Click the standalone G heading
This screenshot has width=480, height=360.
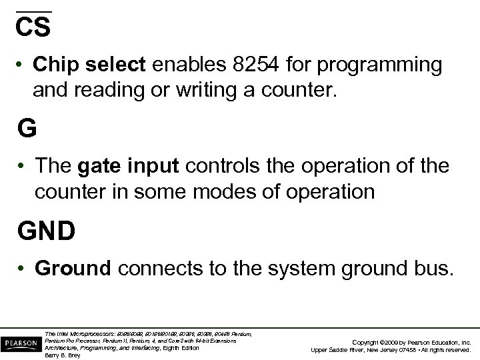click(28, 128)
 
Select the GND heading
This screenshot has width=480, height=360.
click(46, 231)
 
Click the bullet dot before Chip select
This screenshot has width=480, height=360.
click(22, 65)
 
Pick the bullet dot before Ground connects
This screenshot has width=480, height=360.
click(22, 268)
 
